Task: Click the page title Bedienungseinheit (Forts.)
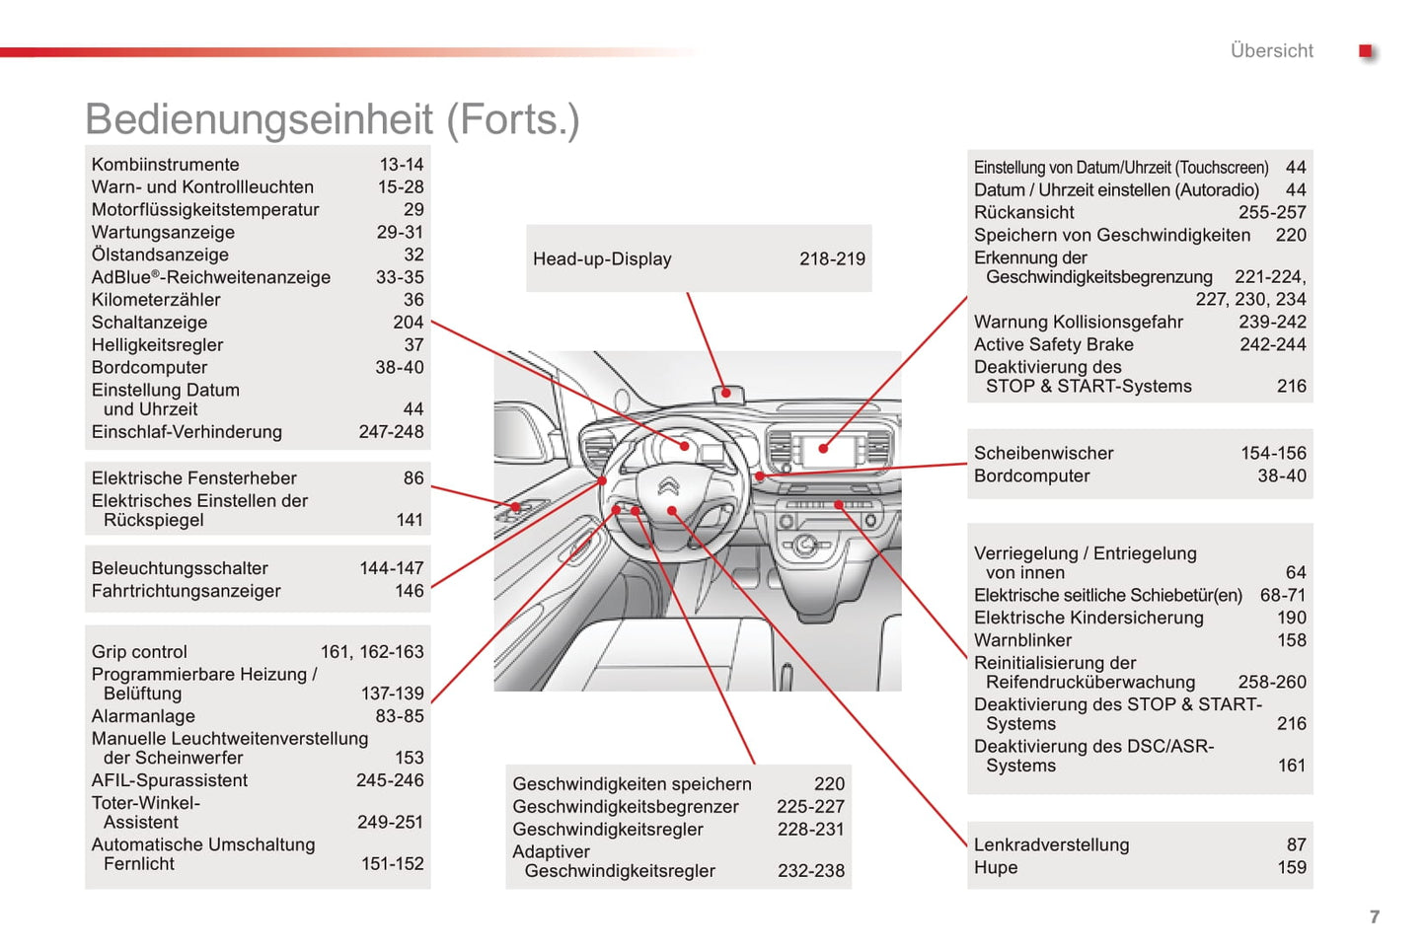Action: click(332, 119)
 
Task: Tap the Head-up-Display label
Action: click(602, 258)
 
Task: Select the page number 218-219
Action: click(832, 258)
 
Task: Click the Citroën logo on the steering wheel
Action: click(669, 485)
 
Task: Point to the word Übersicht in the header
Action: click(1271, 50)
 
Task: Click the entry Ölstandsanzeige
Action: click(160, 255)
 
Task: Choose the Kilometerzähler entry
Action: click(156, 300)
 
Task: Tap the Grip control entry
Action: click(139, 652)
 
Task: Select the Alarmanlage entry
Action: click(143, 716)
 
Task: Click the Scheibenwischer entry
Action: click(1043, 453)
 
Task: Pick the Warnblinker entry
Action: click(1022, 640)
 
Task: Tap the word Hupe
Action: click(995, 867)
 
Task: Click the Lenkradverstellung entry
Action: click(1051, 844)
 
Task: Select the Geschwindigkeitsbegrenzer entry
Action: click(625, 807)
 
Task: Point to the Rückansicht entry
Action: click(1023, 212)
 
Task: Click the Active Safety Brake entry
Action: click(1053, 344)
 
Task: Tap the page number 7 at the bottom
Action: click(1374, 916)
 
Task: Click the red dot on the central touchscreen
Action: click(823, 448)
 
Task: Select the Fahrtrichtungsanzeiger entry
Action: click(186, 591)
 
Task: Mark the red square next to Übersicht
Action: click(1366, 51)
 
